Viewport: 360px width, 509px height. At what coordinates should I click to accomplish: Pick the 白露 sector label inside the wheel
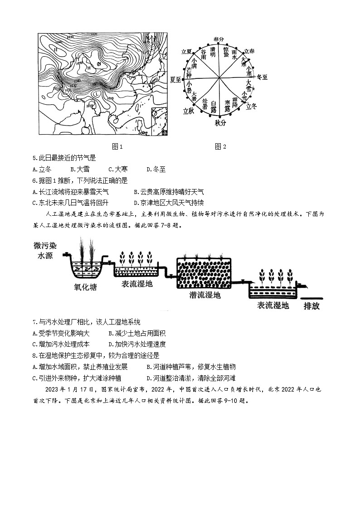point(214,106)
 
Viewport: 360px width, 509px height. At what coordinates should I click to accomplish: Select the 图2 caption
point(220,146)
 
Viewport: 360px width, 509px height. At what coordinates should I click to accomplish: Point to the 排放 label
point(311,306)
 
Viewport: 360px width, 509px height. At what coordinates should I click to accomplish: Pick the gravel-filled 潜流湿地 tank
point(204,273)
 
